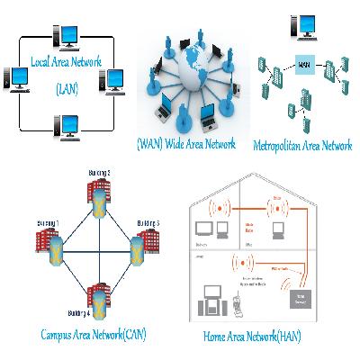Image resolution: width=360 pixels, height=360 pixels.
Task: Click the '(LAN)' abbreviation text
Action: (67, 88)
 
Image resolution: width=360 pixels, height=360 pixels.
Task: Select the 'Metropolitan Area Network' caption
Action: (302, 145)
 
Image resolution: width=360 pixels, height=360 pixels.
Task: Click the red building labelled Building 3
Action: (146, 243)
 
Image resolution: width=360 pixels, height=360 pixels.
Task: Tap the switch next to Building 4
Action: (96, 298)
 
